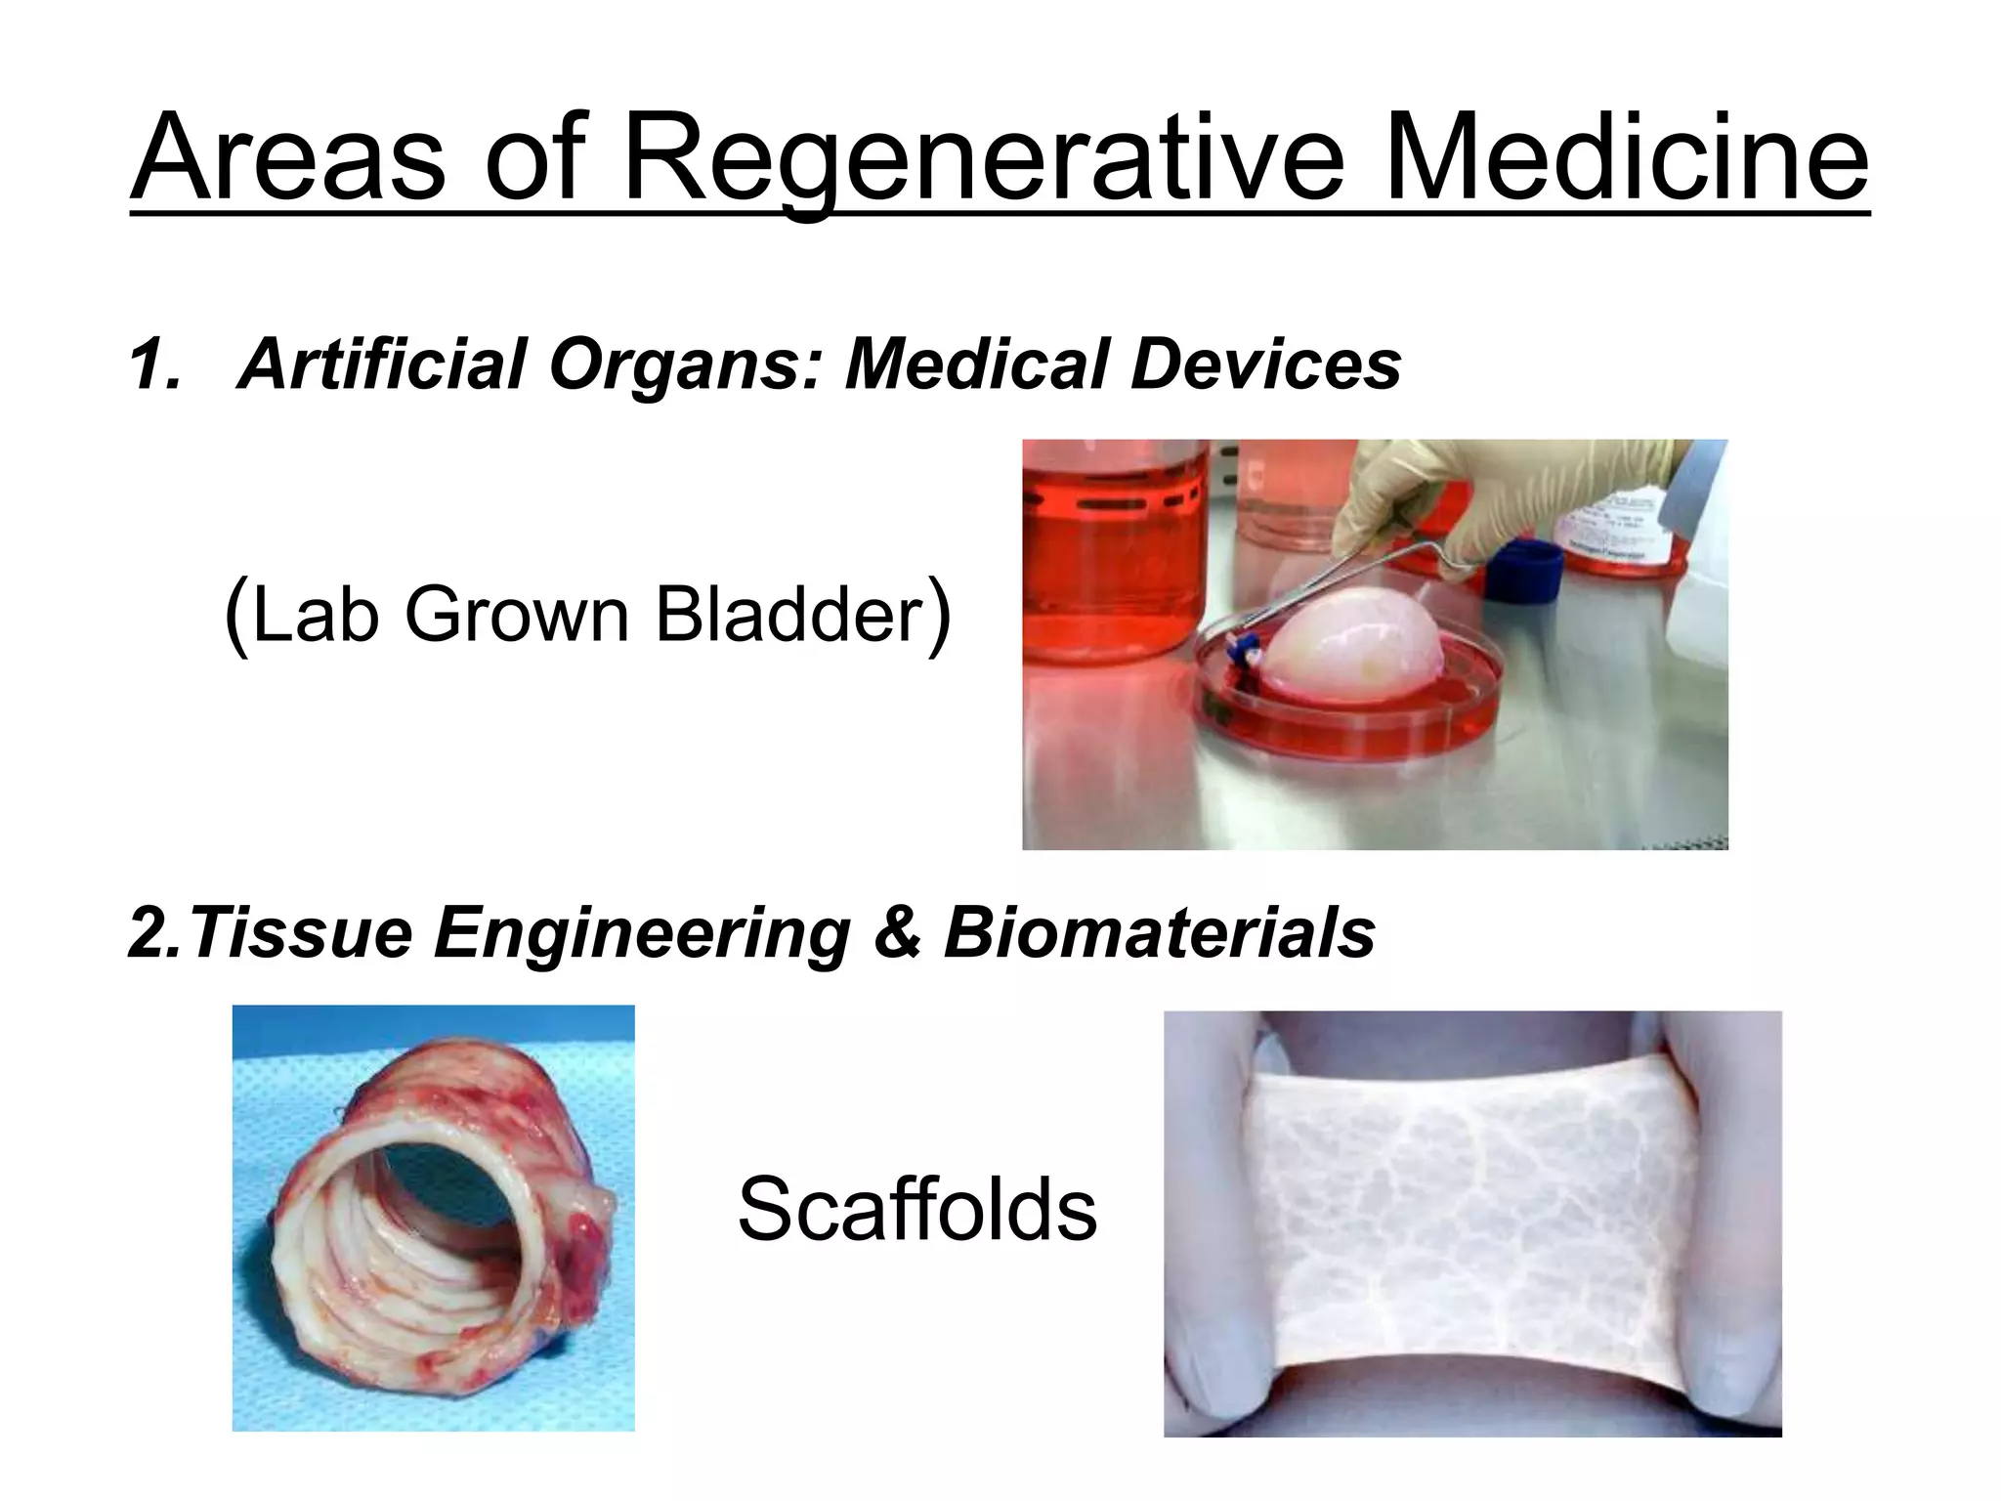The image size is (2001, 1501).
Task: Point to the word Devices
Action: coord(1265,365)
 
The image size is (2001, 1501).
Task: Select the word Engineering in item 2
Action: coord(642,932)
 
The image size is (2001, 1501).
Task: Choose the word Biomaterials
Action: coord(1159,932)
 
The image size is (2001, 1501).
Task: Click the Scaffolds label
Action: coord(916,1210)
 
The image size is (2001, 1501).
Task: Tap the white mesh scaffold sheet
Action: coord(1471,1222)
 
